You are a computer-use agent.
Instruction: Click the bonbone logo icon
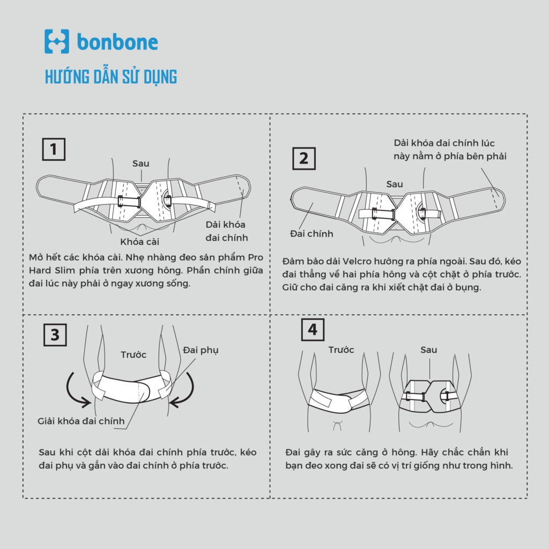57,41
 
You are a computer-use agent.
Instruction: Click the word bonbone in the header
117,42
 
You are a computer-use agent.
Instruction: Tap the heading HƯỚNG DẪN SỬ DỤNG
111,77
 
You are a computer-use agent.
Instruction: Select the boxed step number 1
54,150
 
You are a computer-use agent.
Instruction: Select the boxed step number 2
304,159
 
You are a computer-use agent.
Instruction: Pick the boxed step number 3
55,335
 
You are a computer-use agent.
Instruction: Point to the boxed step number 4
313,330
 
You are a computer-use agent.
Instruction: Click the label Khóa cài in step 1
140,242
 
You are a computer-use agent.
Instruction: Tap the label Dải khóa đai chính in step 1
227,231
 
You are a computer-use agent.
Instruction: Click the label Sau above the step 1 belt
141,164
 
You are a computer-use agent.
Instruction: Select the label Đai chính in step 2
311,234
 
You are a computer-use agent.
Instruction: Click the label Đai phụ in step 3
201,350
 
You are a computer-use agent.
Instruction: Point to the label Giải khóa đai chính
81,421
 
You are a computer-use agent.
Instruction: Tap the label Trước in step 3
133,355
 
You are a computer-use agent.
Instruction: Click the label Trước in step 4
341,350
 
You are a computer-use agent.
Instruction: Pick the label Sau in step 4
428,350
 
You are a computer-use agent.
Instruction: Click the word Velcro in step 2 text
357,261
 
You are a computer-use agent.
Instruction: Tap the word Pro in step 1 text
256,257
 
